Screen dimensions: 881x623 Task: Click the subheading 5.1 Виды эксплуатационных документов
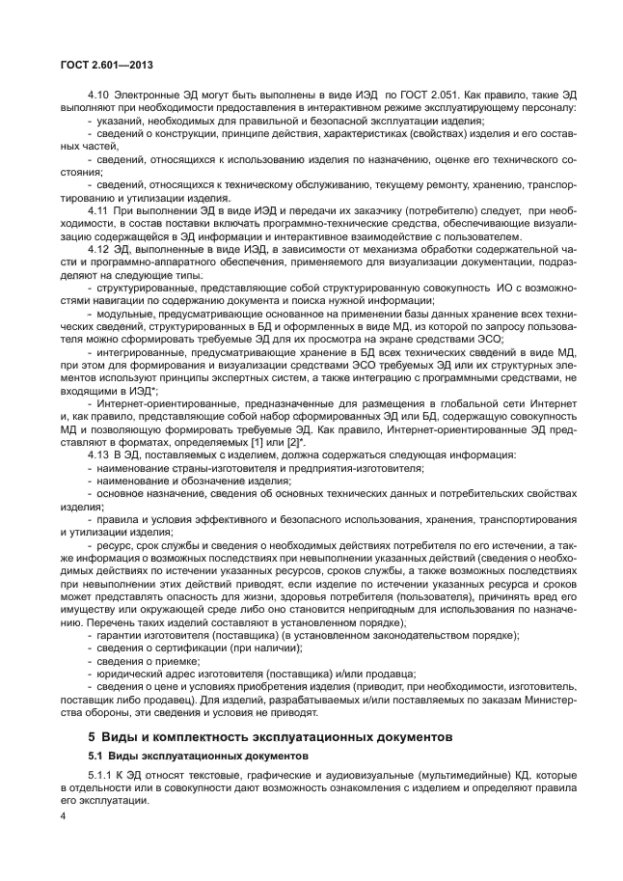[x=198, y=756]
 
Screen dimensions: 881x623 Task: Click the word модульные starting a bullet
[x=122, y=316]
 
